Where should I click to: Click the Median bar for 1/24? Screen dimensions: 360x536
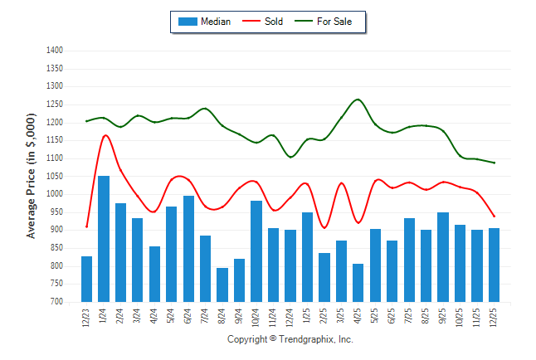click(104, 239)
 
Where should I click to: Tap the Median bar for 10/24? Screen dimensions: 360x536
click(256, 251)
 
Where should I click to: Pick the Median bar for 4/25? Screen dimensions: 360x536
click(358, 283)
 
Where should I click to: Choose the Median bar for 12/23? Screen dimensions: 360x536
click(87, 279)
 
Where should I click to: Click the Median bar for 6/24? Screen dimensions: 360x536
click(188, 249)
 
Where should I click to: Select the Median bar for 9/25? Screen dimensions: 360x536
click(443, 257)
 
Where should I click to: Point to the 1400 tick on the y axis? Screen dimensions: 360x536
click(55, 51)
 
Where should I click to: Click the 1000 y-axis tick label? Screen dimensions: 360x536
click(55, 194)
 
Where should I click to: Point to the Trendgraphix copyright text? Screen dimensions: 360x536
click(290, 340)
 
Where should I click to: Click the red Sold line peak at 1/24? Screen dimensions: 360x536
click(105, 135)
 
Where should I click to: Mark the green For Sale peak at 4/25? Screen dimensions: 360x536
click(358, 100)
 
